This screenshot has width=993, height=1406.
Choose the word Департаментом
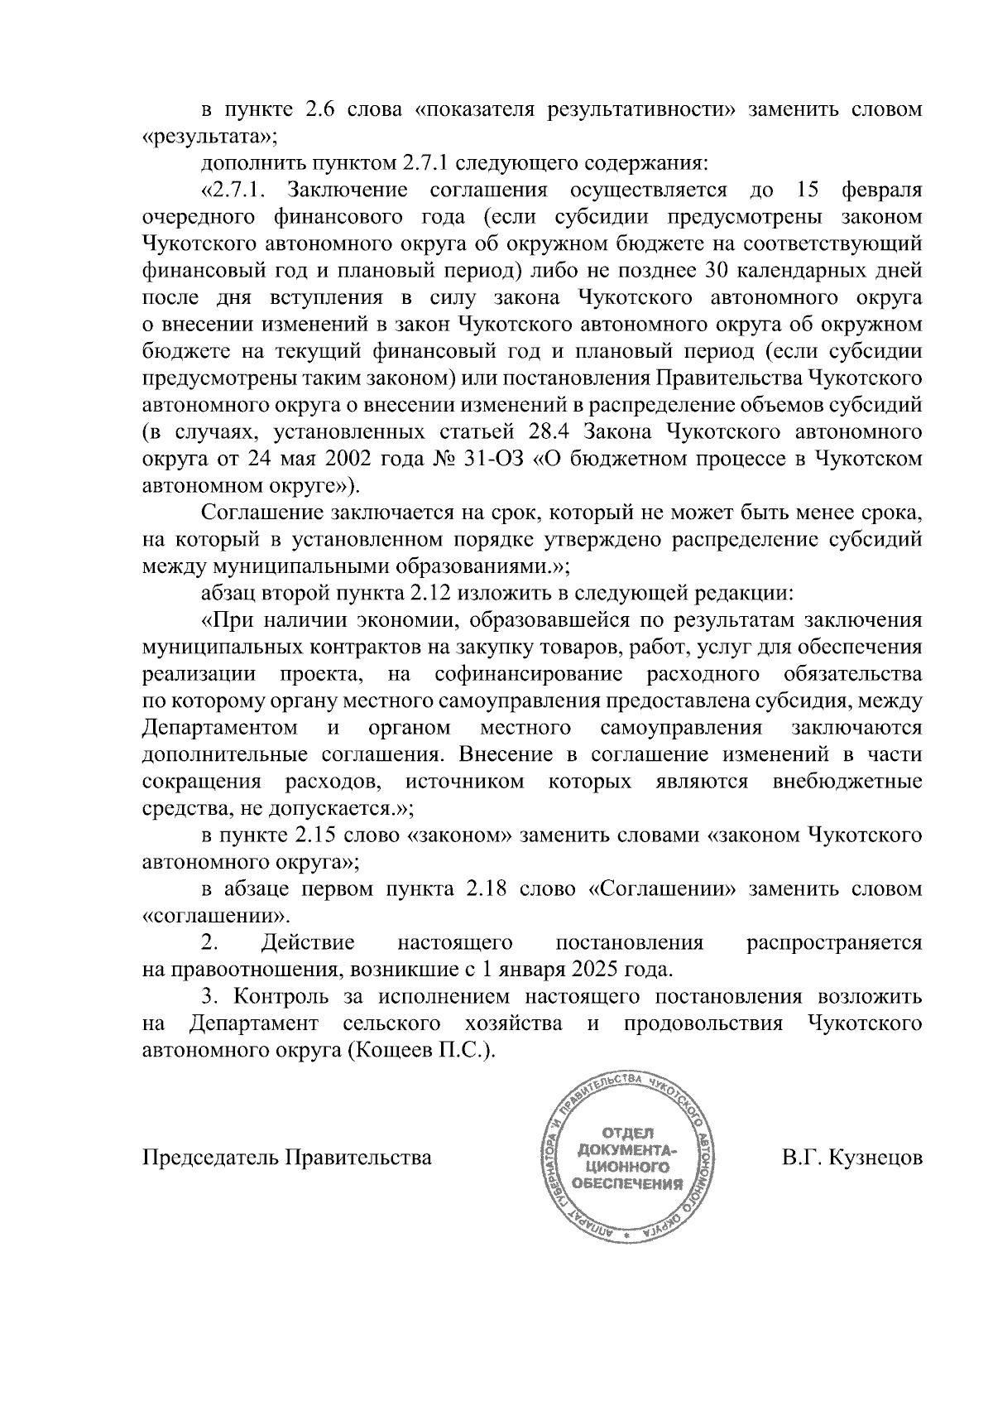[221, 728]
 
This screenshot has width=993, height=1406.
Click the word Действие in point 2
[308, 942]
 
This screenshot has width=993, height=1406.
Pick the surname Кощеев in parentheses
[398, 1049]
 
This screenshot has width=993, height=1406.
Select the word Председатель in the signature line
[212, 1157]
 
